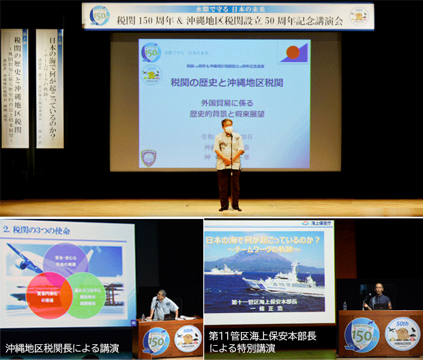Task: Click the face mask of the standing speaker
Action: [228, 128]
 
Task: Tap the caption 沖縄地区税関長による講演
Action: [52, 348]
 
